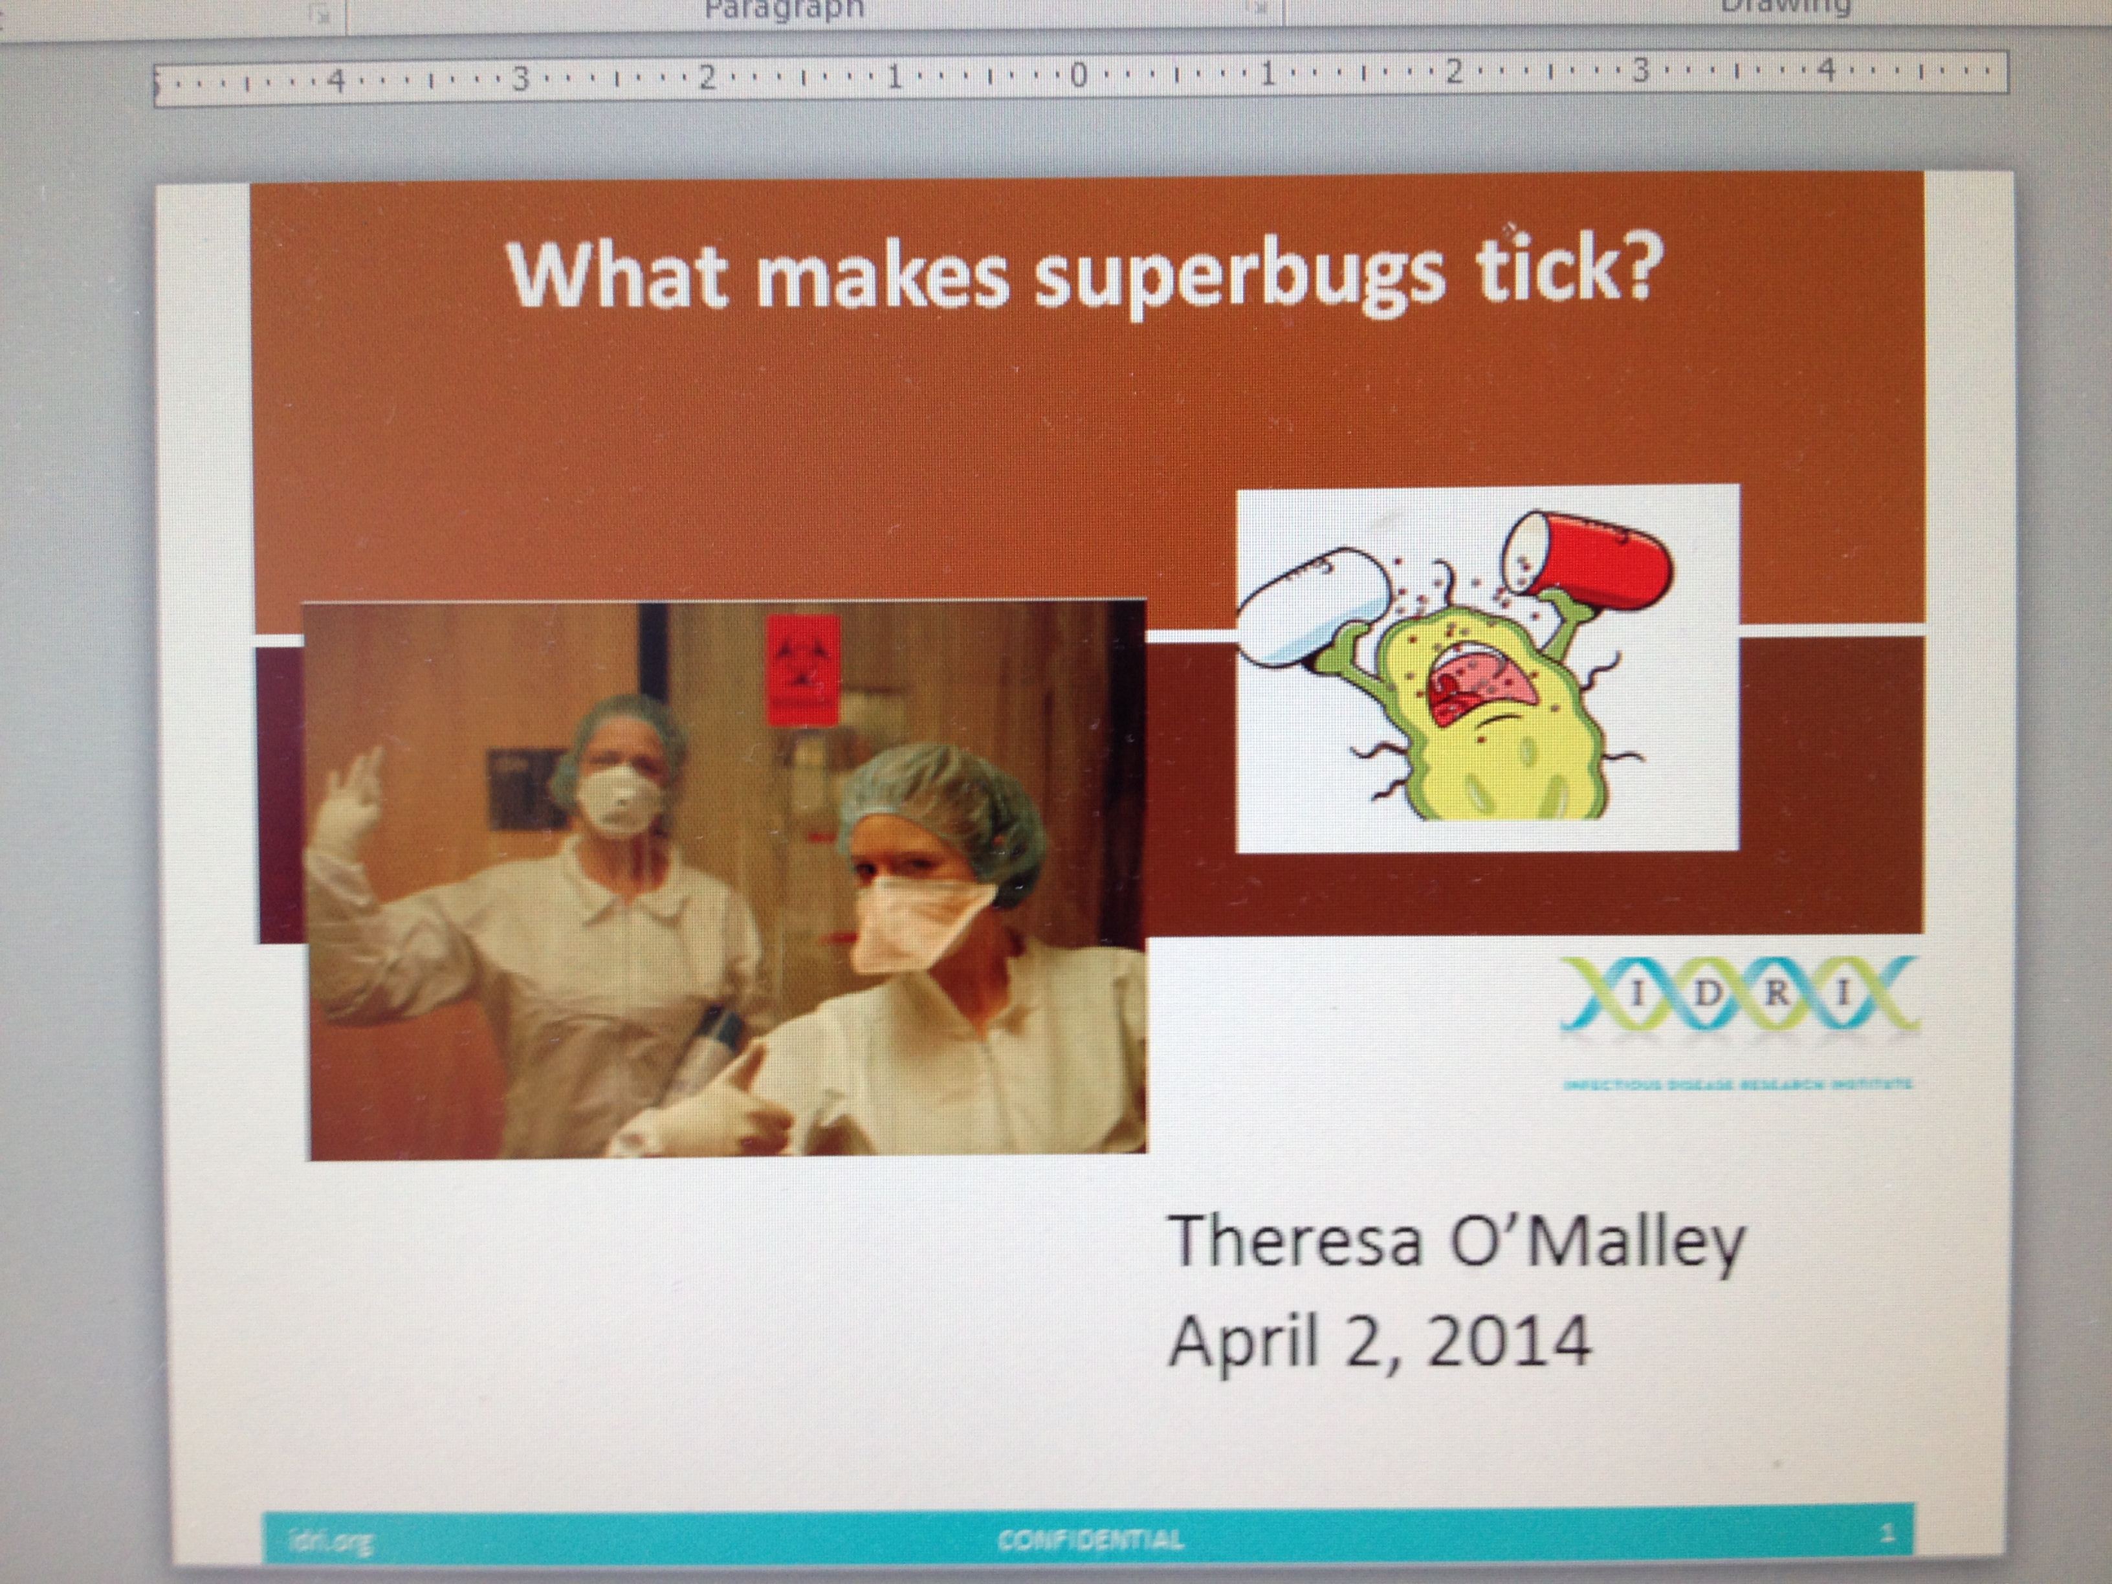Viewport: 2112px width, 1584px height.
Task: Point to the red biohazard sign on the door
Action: (802, 668)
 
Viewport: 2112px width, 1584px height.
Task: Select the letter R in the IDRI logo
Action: (1777, 993)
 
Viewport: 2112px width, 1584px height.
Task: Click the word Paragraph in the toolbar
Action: (783, 10)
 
